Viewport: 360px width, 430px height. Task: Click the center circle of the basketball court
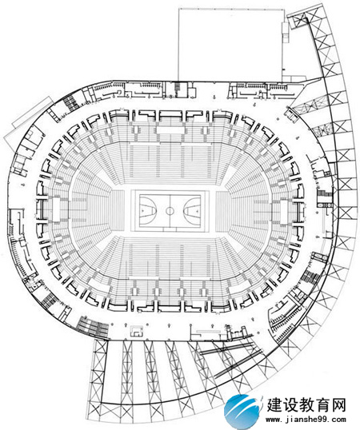click(170, 211)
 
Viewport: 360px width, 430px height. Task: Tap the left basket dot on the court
click(143, 211)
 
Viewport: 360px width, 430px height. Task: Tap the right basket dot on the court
click(197, 211)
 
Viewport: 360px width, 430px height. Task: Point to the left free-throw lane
click(148, 211)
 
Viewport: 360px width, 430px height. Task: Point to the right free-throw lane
click(192, 211)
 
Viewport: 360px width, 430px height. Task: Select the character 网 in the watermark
click(338, 404)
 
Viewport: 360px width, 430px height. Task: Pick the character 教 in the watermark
click(306, 404)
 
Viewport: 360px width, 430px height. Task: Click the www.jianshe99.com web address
click(306, 420)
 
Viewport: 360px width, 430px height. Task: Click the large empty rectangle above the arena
click(231, 45)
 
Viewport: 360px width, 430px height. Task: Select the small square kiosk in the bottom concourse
click(136, 331)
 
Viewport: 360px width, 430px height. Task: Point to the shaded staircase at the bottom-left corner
click(93, 326)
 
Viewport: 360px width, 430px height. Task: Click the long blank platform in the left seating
click(56, 209)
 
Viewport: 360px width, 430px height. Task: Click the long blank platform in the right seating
click(284, 213)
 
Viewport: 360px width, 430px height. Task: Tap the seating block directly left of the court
click(118, 211)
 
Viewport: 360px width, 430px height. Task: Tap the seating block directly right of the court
click(222, 211)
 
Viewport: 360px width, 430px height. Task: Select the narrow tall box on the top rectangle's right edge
click(286, 32)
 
